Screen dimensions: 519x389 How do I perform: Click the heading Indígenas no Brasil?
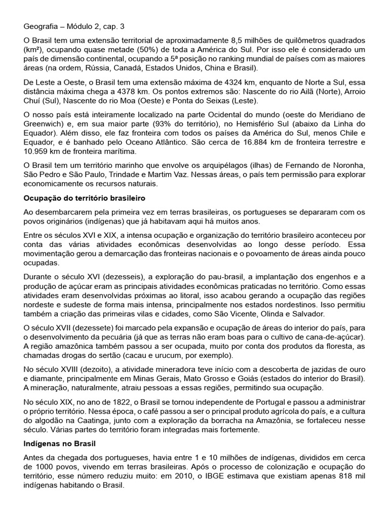pyautogui.click(x=58, y=443)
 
